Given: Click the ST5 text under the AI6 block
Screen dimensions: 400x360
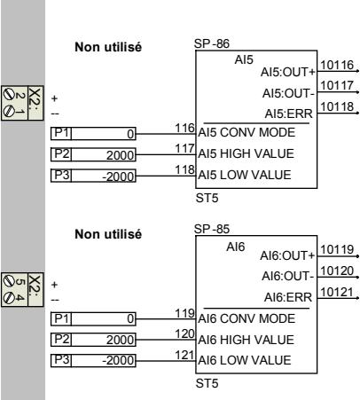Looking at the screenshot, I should (206, 387).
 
